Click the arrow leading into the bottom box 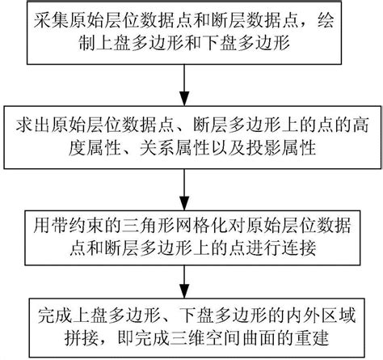tap(191, 287)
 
